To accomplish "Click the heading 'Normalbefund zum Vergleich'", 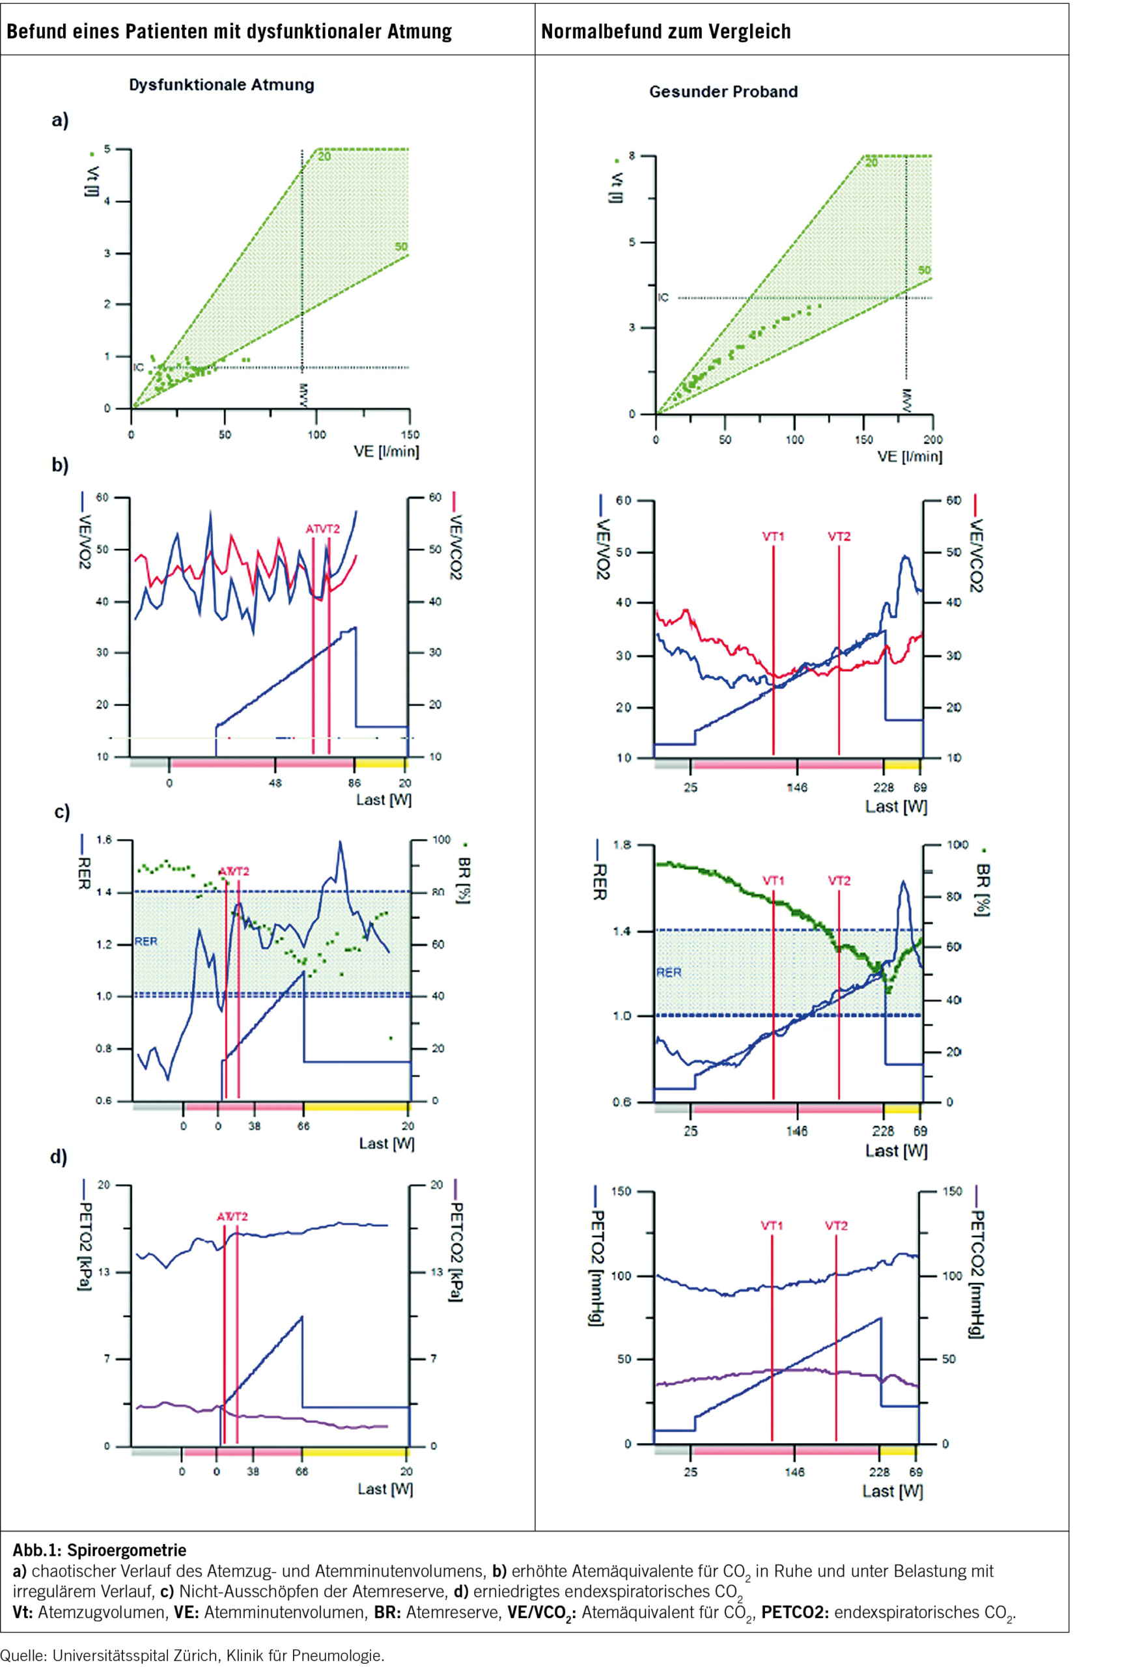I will (665, 31).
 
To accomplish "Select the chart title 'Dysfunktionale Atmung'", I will (221, 85).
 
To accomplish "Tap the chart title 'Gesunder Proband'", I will (723, 92).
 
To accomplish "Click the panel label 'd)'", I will (59, 1156).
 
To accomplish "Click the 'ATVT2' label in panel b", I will (323, 529).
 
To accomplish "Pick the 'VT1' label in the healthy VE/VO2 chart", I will (773, 536).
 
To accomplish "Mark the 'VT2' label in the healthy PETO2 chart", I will (836, 1225).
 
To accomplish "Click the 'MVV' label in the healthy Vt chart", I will (906, 400).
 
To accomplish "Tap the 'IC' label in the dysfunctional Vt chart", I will (139, 367).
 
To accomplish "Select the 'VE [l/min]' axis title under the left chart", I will (387, 452).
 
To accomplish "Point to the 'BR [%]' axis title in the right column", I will (983, 890).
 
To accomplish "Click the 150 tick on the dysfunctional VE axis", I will (409, 435).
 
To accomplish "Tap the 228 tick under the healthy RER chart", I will (883, 1131).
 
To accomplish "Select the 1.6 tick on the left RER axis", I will (105, 840).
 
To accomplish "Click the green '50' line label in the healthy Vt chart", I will (925, 270).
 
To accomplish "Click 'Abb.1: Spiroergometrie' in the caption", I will (100, 1550).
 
